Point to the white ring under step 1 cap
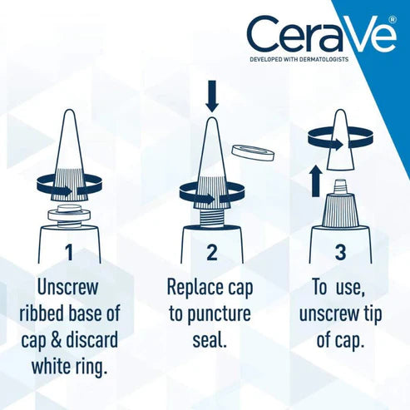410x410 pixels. click(70, 215)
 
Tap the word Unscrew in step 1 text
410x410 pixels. click(69, 289)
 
